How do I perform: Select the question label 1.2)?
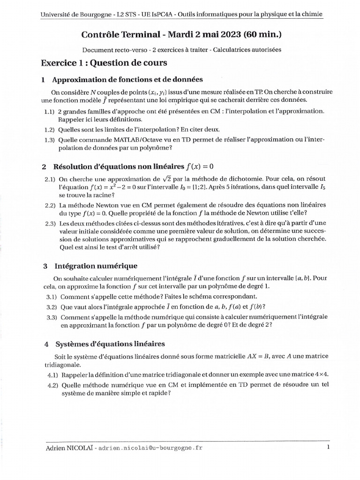pyautogui.click(x=50, y=129)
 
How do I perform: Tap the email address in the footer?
pyautogui.click(x=151, y=448)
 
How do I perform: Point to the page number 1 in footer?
pyautogui.click(x=328, y=447)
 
